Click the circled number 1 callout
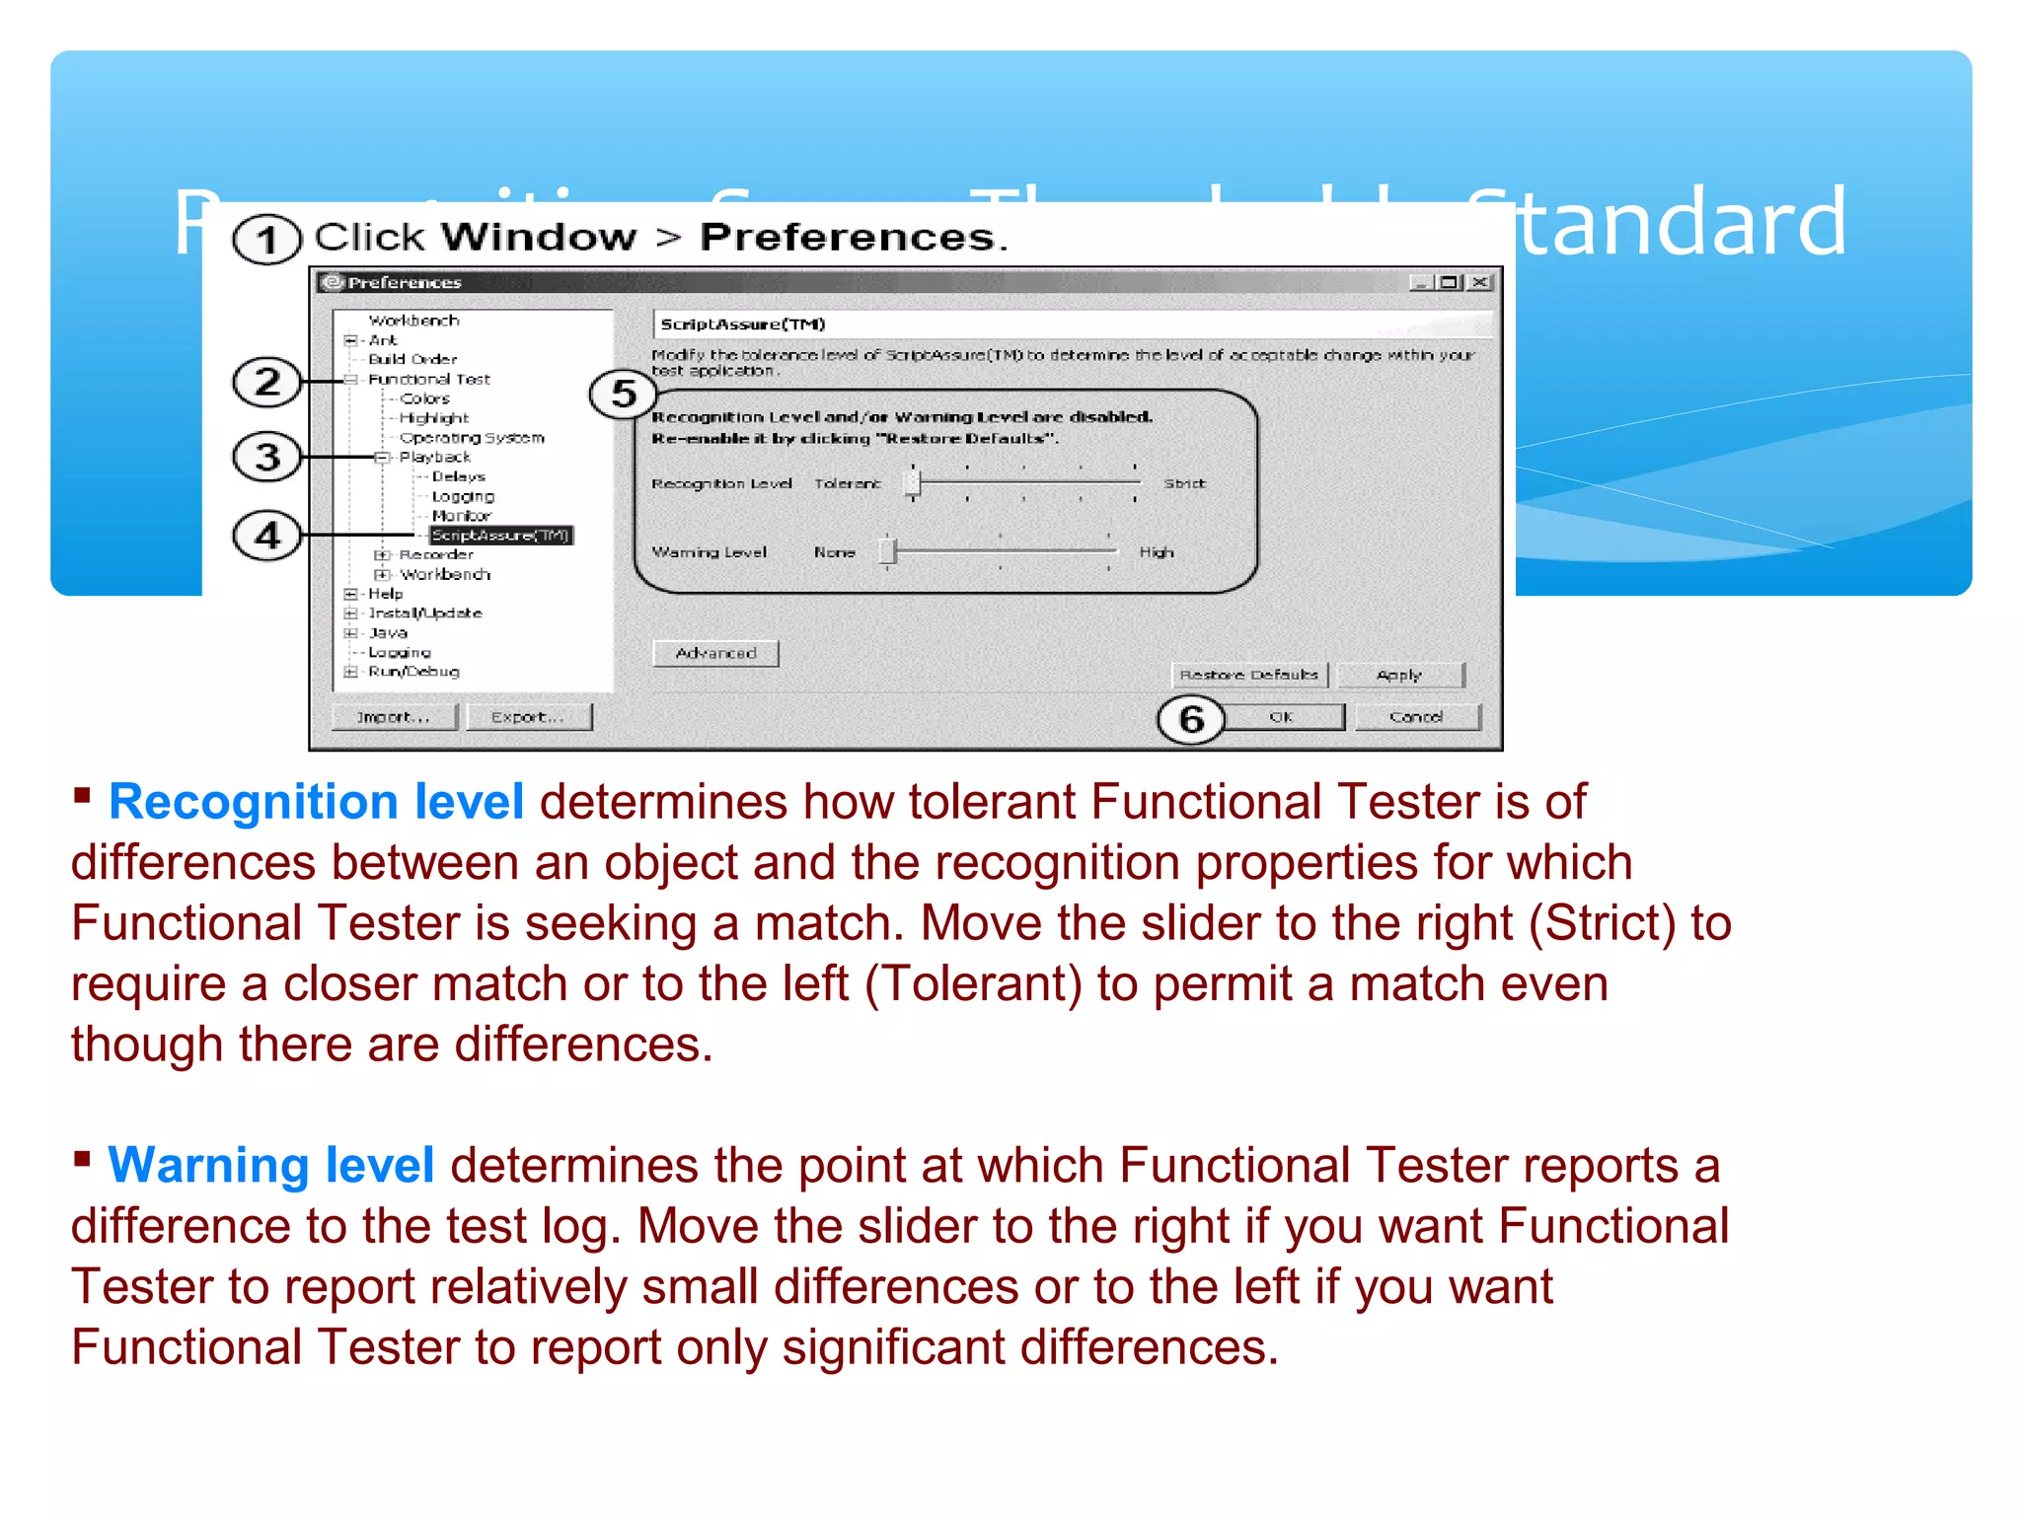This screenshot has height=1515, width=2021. click(x=266, y=240)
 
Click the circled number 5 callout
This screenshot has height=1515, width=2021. click(x=623, y=395)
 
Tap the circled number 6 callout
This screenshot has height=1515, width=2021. click(x=1191, y=719)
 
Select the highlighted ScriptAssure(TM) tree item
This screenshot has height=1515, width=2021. click(x=500, y=536)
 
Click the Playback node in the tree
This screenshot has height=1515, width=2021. click(x=434, y=458)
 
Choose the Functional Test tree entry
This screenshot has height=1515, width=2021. click(x=428, y=380)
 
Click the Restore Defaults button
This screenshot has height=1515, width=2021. click(x=1249, y=675)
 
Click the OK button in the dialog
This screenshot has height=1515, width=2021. click(x=1282, y=717)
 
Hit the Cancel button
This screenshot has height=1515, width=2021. click(x=1416, y=717)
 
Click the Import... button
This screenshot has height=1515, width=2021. click(x=394, y=717)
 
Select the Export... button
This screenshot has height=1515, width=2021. click(x=528, y=717)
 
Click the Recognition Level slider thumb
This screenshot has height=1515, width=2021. click(x=913, y=482)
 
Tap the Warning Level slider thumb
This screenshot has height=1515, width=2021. click(x=887, y=551)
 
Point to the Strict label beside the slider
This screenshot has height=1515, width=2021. click(x=1184, y=483)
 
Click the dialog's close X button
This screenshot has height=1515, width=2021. click(x=1479, y=283)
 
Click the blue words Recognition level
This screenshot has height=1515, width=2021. click(x=316, y=801)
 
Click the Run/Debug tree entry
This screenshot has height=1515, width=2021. click(x=413, y=672)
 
